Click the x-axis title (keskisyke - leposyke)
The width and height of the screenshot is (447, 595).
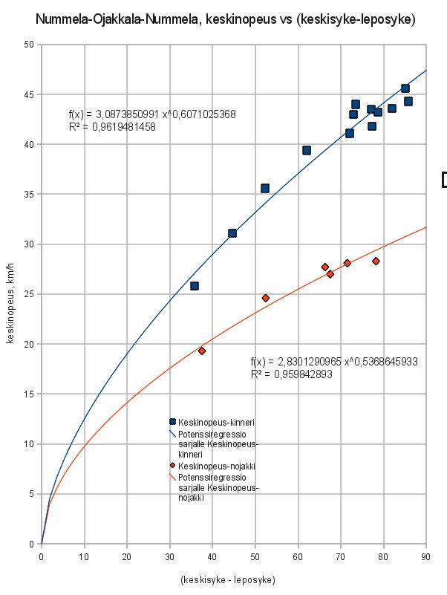pos(228,579)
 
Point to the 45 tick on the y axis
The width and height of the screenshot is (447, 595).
pos(30,94)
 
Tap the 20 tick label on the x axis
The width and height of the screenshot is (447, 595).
pos(127,555)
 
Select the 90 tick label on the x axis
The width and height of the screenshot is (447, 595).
pos(426,555)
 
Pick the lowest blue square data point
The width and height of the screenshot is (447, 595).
pos(195,286)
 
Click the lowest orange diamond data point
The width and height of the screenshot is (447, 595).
pos(202,351)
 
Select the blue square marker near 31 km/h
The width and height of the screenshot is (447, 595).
pos(232,233)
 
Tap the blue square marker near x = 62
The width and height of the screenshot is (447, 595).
pos(307,150)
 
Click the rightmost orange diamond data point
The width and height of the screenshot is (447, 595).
pos(376,261)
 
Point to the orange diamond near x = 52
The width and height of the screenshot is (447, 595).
pos(265,298)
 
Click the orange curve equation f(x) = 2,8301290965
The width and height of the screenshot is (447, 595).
pos(334,362)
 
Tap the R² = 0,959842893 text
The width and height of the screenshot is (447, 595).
pos(291,374)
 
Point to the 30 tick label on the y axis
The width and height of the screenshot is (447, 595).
pos(30,244)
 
